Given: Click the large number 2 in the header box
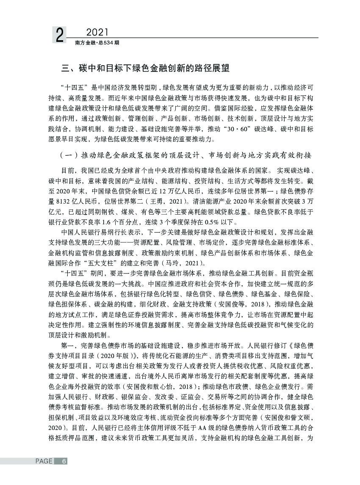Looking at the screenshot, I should pyautogui.click(x=60, y=35).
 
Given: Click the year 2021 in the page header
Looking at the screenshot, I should pyautogui.click(x=98, y=32).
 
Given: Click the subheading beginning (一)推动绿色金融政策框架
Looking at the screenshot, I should pyautogui.click(x=186, y=155).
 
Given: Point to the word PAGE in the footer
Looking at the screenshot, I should pyautogui.click(x=44, y=461).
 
